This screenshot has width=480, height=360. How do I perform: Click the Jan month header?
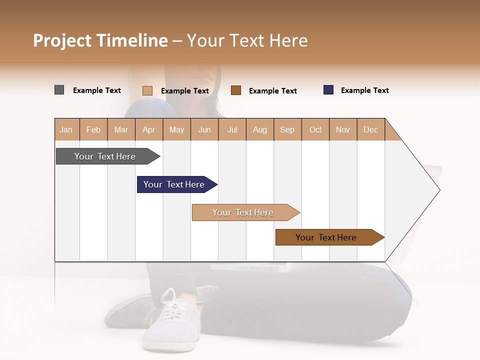pyautogui.click(x=66, y=129)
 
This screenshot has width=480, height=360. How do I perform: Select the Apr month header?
pyautogui.click(x=148, y=129)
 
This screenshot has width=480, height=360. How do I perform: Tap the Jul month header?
pyautogui.click(x=232, y=129)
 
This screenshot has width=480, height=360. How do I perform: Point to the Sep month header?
pyautogui.click(x=287, y=129)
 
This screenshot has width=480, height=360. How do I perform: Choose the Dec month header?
pyautogui.click(x=370, y=129)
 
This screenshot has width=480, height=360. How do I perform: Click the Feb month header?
pyautogui.click(x=93, y=129)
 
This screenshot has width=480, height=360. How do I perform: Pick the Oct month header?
pyautogui.click(x=315, y=129)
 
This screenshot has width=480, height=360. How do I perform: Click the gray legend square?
pyautogui.click(x=59, y=90)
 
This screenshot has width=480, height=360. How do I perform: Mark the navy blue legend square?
pyautogui.click(x=328, y=90)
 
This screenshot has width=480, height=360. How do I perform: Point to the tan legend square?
pyautogui.click(x=147, y=90)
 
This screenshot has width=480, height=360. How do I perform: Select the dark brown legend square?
pyautogui.click(x=236, y=90)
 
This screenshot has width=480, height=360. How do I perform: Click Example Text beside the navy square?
pyautogui.click(x=364, y=90)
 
